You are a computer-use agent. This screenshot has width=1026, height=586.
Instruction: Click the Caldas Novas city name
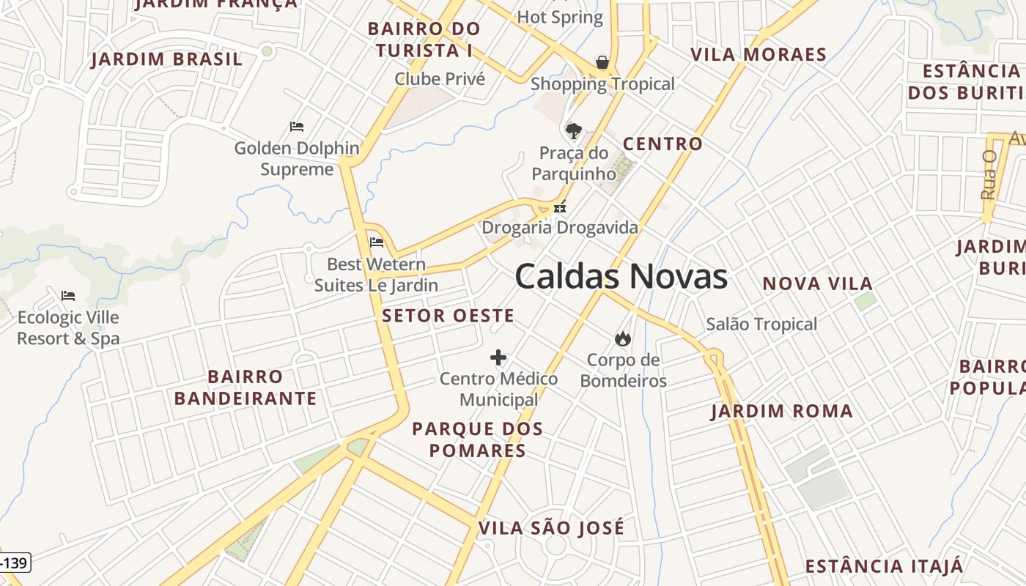pos(621,276)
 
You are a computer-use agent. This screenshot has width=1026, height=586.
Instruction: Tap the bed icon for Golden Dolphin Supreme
pos(297,127)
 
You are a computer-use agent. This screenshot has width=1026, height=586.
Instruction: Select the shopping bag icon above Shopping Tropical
pos(602,62)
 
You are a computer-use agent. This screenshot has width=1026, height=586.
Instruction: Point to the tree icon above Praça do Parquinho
pos(574,131)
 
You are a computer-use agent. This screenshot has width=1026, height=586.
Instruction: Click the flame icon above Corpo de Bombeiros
pos(623,338)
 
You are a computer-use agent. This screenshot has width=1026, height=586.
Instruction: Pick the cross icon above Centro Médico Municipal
pos(498,357)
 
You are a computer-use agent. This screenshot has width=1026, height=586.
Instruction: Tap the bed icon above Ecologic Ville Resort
pos(68,296)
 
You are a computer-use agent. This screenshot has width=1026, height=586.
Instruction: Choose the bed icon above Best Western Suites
pos(377,242)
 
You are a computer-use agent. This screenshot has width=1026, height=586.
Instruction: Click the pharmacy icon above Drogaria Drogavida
pos(560,207)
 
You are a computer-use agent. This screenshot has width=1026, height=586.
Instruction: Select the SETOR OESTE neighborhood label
pos(448,316)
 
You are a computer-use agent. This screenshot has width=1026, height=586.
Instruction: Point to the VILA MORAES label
pos(759,54)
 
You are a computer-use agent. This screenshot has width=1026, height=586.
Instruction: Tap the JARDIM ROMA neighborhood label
pos(782,411)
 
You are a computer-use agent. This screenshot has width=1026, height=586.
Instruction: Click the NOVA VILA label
pos(817,283)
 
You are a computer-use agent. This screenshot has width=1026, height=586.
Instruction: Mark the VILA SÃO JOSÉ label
pos(551,527)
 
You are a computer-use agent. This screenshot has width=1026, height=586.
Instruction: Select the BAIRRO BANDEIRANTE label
pos(246,387)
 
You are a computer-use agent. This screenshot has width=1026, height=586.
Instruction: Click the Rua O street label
pos(989,175)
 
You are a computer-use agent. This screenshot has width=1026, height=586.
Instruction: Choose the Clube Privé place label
pos(440,79)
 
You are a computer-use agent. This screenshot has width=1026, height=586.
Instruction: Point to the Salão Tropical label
pos(761,324)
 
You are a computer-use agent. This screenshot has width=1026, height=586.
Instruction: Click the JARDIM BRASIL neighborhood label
pos(166,59)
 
